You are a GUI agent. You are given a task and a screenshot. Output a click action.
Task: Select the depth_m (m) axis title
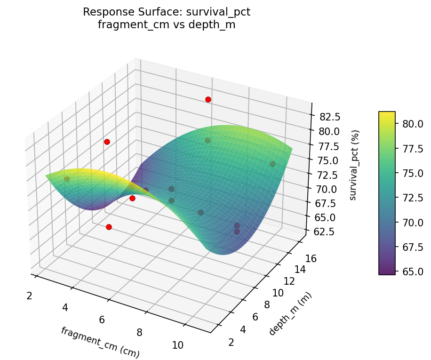tap(290, 313)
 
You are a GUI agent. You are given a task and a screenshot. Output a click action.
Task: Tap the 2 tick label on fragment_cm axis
tap(29, 296)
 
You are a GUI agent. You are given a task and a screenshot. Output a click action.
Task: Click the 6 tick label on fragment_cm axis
tap(102, 320)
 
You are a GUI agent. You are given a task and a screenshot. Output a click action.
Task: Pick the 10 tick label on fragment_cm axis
tap(177, 345)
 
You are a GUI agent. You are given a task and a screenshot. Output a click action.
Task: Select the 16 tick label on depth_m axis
tap(311, 258)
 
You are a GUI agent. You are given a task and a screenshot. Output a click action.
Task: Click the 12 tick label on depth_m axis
tap(289, 281)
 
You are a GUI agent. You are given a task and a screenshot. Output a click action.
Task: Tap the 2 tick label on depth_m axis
tap(231, 342)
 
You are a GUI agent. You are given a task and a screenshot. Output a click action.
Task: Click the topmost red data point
tap(208, 99)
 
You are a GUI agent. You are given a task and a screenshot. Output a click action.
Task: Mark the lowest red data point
tap(109, 227)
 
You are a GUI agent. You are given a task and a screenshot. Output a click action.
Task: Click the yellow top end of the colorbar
tap(387, 113)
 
